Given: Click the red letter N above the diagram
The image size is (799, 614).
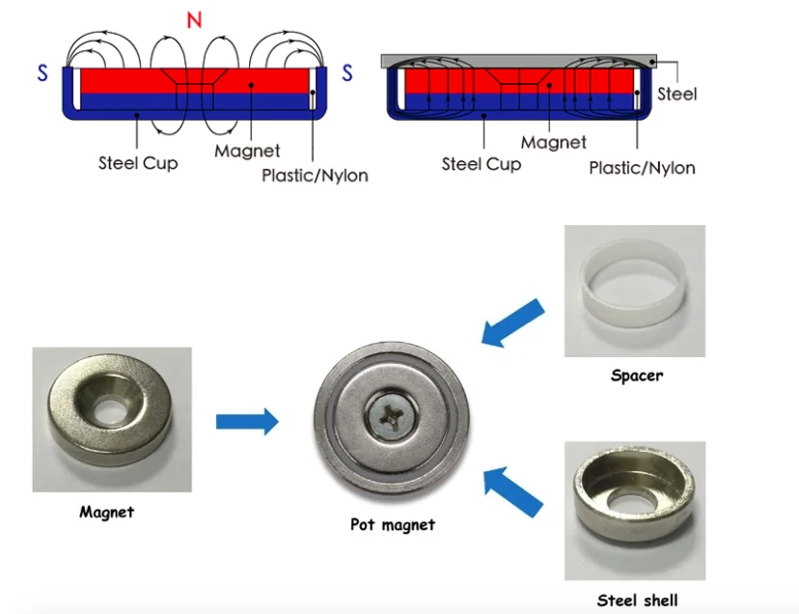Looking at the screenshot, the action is (x=195, y=20).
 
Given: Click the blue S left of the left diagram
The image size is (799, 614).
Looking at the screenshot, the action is (x=42, y=73).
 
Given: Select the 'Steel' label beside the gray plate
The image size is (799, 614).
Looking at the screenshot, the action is (x=676, y=94).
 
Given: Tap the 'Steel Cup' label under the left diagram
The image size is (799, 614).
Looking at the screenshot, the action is (x=138, y=163).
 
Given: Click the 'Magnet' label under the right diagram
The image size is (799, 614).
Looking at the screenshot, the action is (x=553, y=142).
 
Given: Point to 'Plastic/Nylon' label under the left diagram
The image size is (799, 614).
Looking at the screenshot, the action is (x=315, y=176).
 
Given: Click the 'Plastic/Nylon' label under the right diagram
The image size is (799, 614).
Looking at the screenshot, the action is (x=642, y=168).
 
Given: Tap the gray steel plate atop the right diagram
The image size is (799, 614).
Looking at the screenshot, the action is (x=519, y=61).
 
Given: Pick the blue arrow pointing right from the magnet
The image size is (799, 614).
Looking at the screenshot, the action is (x=247, y=422).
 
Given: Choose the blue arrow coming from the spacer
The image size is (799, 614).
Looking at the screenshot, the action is (x=512, y=323).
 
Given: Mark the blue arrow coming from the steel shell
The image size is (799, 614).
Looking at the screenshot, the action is (x=513, y=492).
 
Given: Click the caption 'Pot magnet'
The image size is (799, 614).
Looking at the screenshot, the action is (x=393, y=524).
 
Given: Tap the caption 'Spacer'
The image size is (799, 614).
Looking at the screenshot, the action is (x=637, y=376).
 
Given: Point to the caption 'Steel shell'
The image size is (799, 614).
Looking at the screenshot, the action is (x=638, y=600).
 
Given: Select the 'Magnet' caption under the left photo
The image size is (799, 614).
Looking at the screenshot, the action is (x=107, y=512).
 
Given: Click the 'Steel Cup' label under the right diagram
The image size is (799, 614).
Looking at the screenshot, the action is (x=482, y=164).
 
